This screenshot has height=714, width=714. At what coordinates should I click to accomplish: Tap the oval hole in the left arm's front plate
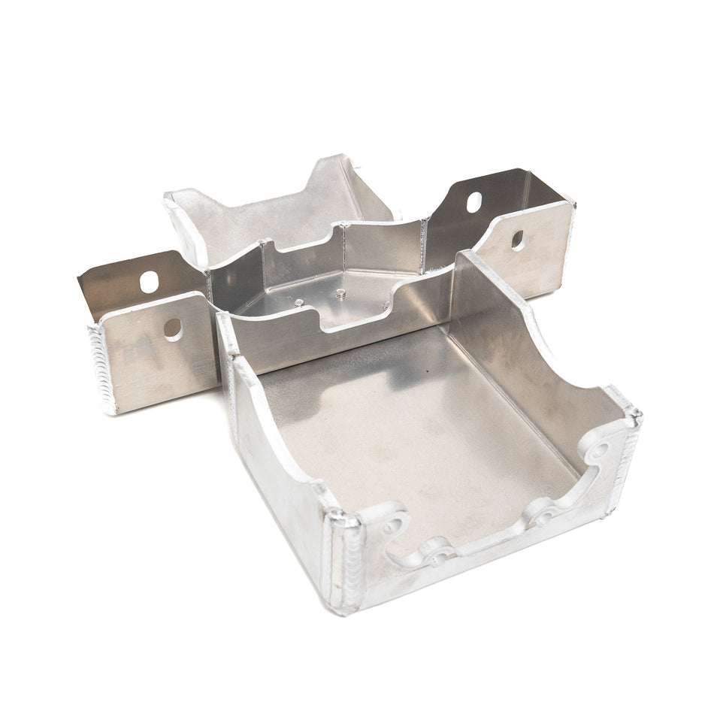pos(173,328)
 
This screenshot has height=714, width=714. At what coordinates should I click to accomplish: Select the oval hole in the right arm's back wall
pos(474,202)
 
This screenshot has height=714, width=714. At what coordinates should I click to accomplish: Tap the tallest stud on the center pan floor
pos(340,294)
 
